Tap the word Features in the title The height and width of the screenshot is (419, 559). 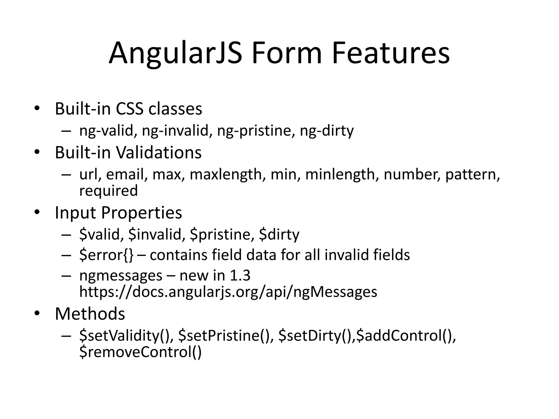coord(391,53)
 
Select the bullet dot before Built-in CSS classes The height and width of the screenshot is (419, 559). coord(37,108)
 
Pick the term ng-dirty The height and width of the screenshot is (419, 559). coord(326,131)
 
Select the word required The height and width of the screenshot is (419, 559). coord(108,191)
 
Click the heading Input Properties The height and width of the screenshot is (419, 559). coord(118,213)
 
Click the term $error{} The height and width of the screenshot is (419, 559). coord(106,255)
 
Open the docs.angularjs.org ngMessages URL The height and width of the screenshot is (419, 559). coord(228,292)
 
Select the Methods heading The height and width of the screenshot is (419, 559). coord(90,314)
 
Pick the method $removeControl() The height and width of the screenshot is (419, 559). coord(140,352)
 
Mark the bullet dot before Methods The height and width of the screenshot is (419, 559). coord(37,313)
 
